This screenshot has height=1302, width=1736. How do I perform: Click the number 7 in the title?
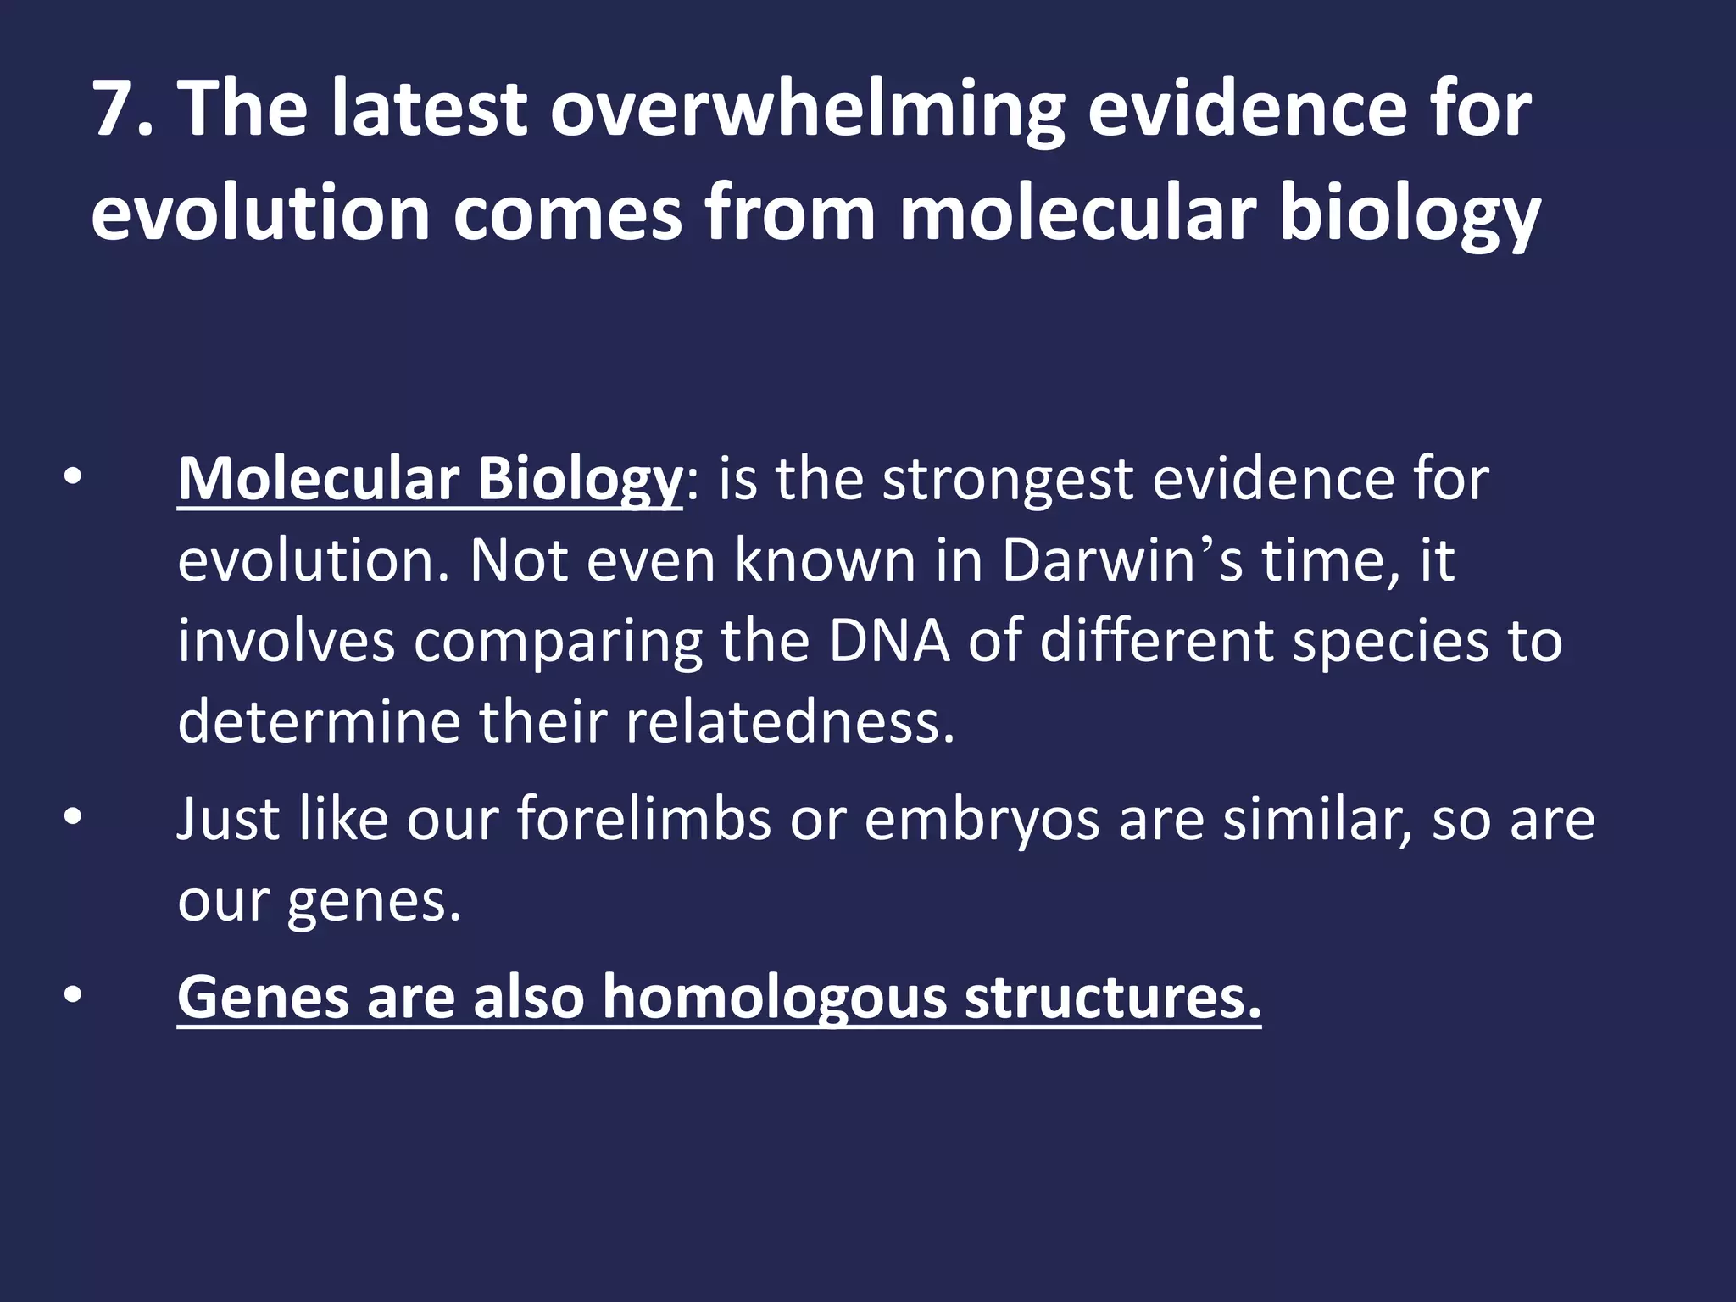[115, 108]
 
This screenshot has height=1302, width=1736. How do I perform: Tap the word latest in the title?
[428, 108]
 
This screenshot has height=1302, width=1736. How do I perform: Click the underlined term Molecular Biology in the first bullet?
[429, 480]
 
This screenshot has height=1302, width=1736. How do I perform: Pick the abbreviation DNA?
[889, 640]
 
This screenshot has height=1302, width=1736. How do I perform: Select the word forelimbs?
[643, 820]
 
